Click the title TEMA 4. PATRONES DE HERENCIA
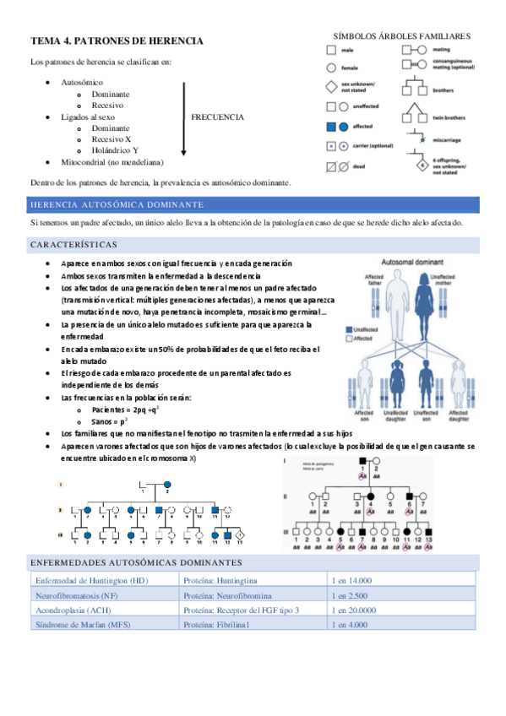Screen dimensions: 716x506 point(117,41)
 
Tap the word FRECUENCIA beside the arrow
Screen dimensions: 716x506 point(218,117)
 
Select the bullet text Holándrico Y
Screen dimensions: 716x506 point(116,149)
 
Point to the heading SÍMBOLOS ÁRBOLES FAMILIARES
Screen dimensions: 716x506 point(401,37)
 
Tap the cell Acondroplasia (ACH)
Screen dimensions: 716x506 point(77,610)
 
